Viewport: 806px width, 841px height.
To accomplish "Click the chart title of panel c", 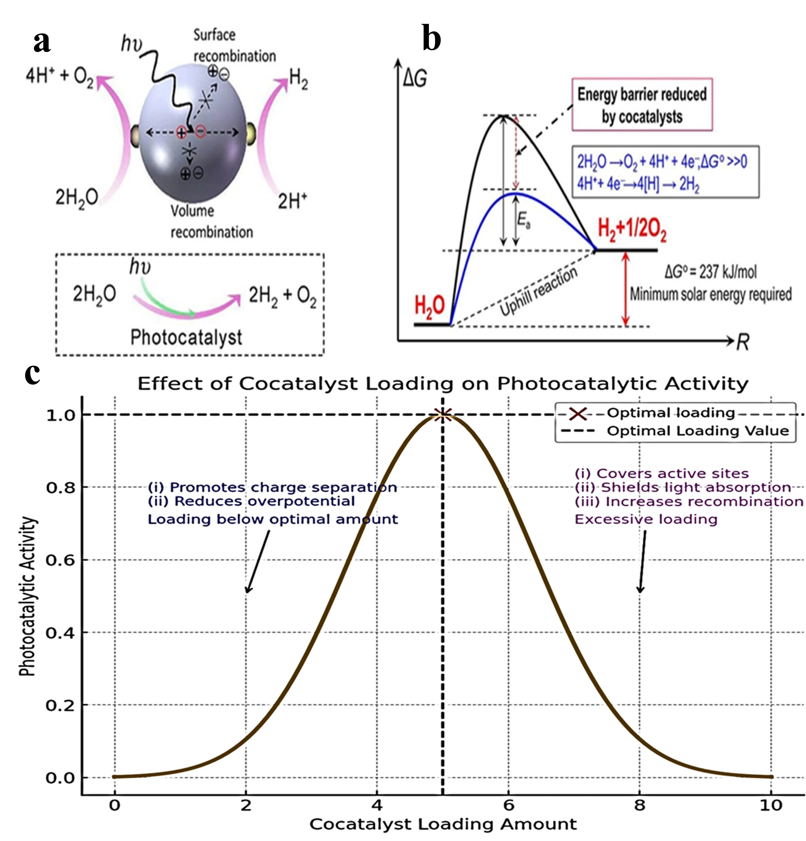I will [443, 383].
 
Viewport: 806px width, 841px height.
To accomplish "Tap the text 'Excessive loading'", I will [646, 519].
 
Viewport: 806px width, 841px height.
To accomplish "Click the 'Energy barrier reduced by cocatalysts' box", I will [642, 105].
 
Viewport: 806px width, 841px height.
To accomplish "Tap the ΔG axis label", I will [415, 79].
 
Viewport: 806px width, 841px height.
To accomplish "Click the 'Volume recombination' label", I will [211, 221].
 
